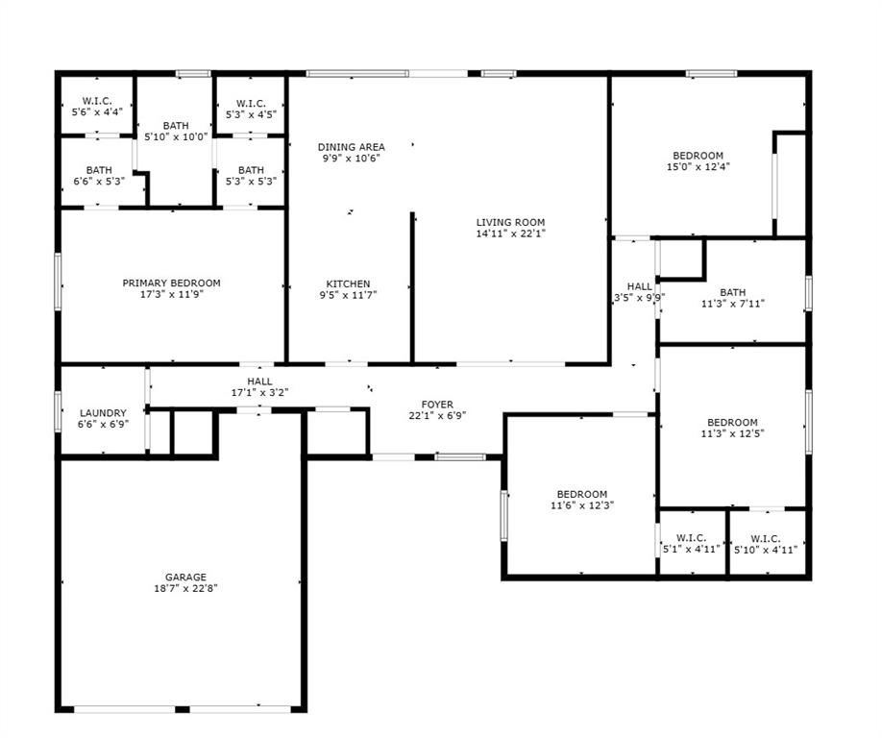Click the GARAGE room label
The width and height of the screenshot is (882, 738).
pos(184,578)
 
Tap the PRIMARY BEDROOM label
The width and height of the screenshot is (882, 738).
pos(171,283)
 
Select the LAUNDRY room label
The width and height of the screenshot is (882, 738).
pos(103,413)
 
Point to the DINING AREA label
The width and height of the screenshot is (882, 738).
pos(352,147)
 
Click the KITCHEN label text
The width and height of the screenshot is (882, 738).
pos(348,283)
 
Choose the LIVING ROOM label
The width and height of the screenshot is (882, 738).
pos(510,222)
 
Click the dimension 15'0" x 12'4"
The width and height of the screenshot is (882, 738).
pos(698,167)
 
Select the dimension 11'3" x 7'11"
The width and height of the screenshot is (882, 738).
pos(732,304)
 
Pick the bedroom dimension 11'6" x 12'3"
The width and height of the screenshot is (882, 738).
pos(582,505)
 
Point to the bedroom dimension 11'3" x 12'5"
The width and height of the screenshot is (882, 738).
pos(732,433)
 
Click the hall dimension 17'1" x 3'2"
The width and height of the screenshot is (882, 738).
pos(259,392)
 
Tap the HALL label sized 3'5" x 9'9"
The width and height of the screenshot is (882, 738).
pos(640,298)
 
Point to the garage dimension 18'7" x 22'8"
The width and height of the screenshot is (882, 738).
pos(184,589)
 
